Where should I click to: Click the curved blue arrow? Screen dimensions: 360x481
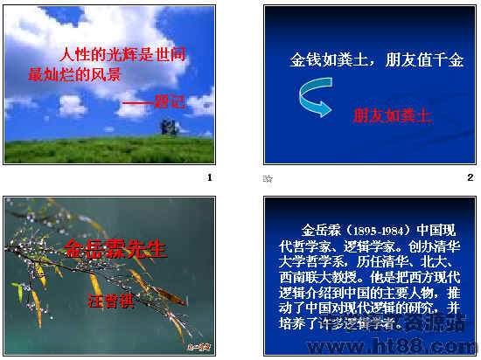tap(310, 97)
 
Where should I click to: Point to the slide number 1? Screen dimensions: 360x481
tap(209, 178)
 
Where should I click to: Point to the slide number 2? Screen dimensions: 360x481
tap(470, 178)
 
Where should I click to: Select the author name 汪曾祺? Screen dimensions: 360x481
tap(110, 299)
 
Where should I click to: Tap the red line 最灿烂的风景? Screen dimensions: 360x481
tap(74, 74)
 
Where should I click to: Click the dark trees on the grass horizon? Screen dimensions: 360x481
tap(169, 128)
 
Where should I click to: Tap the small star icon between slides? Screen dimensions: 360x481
tap(268, 178)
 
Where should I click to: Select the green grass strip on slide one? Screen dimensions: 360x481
tap(109, 150)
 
